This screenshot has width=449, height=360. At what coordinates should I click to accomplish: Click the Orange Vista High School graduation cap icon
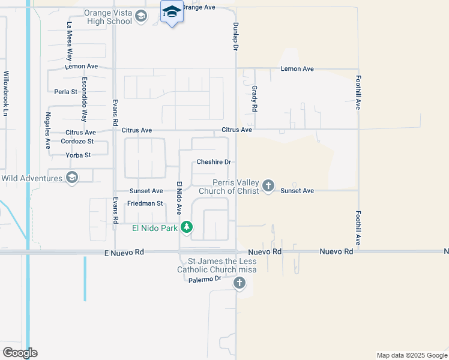pos(141,16)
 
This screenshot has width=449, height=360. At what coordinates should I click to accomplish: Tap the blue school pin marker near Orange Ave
pos(172,13)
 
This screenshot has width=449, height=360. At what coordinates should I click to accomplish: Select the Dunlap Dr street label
pos(236,36)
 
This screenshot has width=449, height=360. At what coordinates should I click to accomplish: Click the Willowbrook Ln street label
pos(7,94)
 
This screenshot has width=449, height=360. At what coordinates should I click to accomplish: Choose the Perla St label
pos(66,92)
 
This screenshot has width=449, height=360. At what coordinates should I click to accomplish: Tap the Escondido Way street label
pos(85,99)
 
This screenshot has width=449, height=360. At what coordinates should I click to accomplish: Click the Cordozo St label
pos(77,142)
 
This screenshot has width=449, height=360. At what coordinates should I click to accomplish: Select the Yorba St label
pos(79,155)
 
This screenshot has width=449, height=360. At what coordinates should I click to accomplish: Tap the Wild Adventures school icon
pos(72,177)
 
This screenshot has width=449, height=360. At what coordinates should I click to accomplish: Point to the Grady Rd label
pos(255,99)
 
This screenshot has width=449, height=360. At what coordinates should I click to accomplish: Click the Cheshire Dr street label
pos(214,162)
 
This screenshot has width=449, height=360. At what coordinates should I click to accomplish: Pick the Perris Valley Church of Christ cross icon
pos(268,187)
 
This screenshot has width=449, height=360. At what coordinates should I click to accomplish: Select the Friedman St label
pos(144,203)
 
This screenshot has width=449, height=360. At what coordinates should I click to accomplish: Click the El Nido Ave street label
pos(179,197)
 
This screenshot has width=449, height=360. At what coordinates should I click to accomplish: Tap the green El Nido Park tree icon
pos(187,227)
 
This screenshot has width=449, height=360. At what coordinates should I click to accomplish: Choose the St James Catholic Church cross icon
pos(240,283)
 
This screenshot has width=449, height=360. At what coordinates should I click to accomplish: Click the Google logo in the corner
pos(20,352)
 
